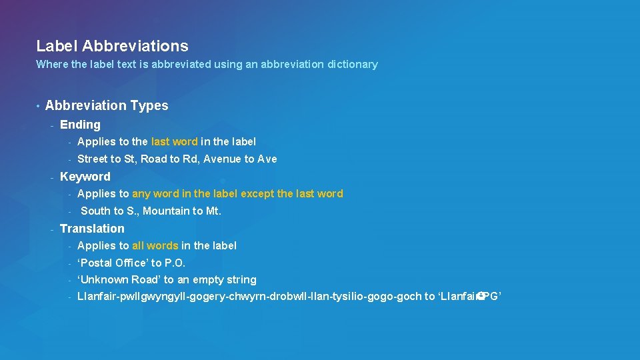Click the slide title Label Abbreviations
click(112, 46)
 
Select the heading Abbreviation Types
click(107, 105)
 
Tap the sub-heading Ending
click(80, 125)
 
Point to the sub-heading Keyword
click(85, 177)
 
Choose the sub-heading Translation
click(92, 229)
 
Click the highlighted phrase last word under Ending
click(175, 141)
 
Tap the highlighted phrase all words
click(155, 245)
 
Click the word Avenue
click(222, 159)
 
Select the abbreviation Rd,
click(191, 159)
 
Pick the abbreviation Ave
click(267, 159)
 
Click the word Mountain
click(165, 211)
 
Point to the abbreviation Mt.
click(213, 211)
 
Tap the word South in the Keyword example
click(95, 211)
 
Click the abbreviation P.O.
click(175, 263)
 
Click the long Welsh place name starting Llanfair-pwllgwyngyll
click(249, 297)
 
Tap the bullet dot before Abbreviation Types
click(39, 106)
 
